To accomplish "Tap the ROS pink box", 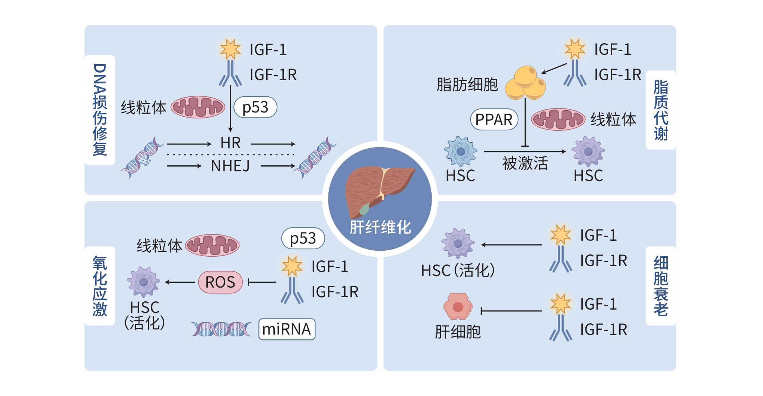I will (220, 282).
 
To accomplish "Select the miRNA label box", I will (287, 329).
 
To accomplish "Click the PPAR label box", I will (494, 120).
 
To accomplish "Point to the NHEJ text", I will (230, 166).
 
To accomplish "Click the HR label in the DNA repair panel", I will (231, 143).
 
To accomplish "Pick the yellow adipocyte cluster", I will (525, 83).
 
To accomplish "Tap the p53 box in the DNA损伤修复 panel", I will (255, 107).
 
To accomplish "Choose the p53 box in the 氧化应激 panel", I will (303, 238).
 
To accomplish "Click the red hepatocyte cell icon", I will (458, 307).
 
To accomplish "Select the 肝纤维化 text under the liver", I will (380, 227).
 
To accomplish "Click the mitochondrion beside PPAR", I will (557, 120).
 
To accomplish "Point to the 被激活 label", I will (525, 163).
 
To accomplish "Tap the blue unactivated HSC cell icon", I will (461, 151).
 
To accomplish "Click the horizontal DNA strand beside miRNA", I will (221, 329).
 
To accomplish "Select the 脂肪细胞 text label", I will (467, 85).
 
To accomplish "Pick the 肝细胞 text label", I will (458, 332).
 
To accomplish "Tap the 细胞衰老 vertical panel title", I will (661, 286).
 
